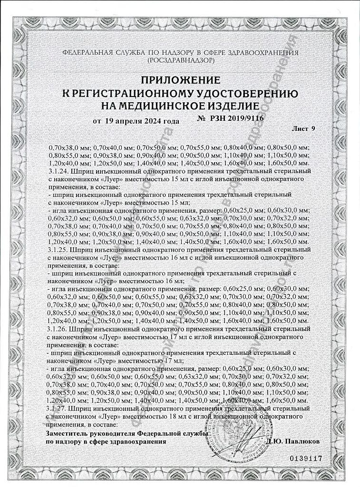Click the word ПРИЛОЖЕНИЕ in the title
click(179, 79)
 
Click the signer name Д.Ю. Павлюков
click(293, 441)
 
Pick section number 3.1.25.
click(58, 249)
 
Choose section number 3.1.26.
click(58, 328)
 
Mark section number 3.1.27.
click(58, 408)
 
